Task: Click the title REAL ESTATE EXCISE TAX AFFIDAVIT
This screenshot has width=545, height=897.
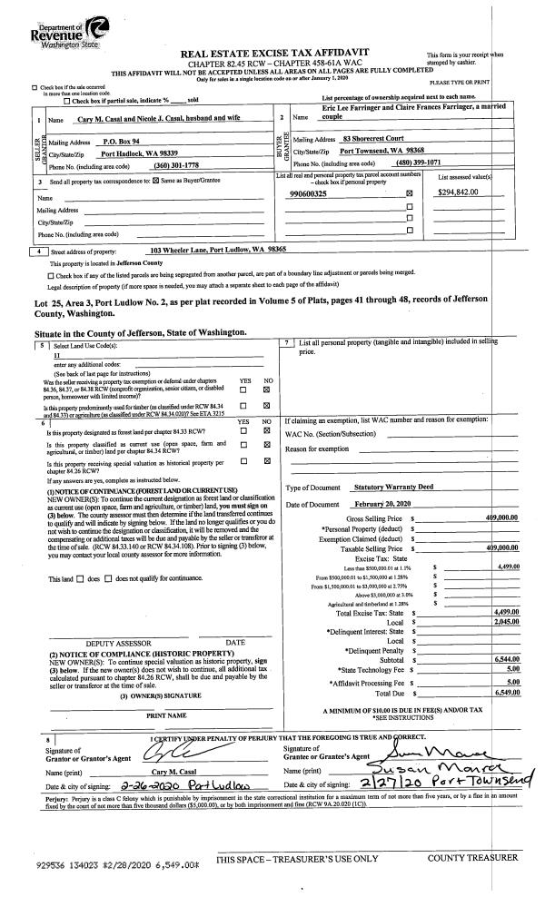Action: (272, 54)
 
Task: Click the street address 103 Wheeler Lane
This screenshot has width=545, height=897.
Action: (217, 248)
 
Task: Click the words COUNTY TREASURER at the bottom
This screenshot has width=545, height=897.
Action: (480, 857)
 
